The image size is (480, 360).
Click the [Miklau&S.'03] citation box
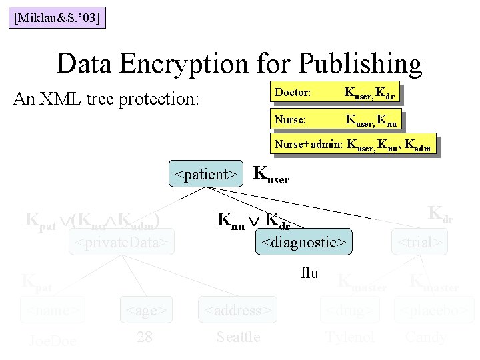(x=57, y=17)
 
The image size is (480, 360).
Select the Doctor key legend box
(x=337, y=93)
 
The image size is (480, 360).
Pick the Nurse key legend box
(x=337, y=121)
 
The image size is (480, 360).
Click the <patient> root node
(x=206, y=175)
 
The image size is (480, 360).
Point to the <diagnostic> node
(x=304, y=243)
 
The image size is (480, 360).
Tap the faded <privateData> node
(x=122, y=242)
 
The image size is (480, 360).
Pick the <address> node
(x=237, y=310)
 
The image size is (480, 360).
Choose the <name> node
(x=53, y=310)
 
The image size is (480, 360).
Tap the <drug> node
(x=351, y=310)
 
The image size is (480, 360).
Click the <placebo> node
(x=434, y=310)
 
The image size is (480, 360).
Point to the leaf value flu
(x=310, y=273)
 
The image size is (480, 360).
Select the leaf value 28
(x=145, y=337)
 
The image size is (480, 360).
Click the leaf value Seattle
(x=239, y=337)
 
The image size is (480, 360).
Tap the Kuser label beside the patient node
(x=273, y=175)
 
